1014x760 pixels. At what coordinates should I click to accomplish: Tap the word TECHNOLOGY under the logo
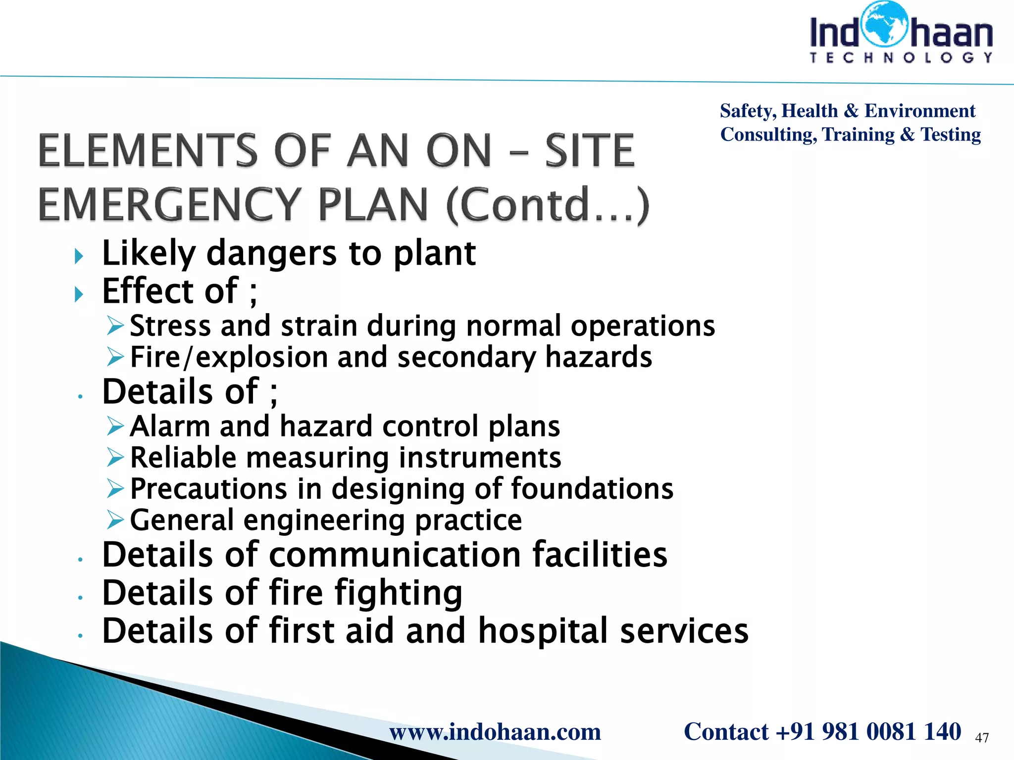tap(901, 58)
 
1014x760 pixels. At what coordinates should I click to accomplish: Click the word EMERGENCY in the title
tap(169, 204)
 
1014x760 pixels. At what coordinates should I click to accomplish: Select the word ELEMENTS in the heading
tap(148, 150)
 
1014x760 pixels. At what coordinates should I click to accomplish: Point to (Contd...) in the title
tap(548, 204)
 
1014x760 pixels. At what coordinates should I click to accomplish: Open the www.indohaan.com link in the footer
tap(495, 731)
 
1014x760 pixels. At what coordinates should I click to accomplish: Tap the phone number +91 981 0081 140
tap(868, 731)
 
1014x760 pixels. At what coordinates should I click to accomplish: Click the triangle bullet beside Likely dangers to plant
tap(79, 256)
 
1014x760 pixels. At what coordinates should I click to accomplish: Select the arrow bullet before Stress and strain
tap(115, 326)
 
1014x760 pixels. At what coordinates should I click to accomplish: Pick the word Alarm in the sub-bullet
tap(170, 426)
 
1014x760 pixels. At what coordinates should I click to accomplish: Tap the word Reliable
tap(183, 457)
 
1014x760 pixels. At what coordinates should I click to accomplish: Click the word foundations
tap(592, 489)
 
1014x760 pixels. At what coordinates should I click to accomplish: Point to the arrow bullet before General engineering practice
tap(115, 520)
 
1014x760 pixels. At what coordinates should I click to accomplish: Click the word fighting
tap(398, 593)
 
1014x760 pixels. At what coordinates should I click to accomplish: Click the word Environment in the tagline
tap(919, 111)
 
